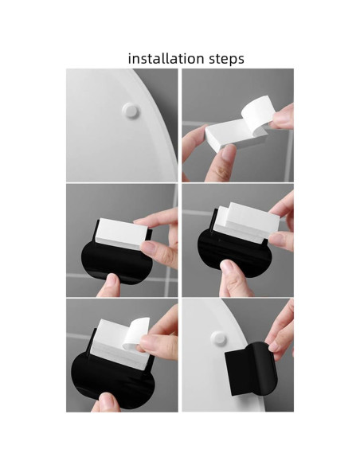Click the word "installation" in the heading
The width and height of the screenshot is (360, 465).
tap(166, 58)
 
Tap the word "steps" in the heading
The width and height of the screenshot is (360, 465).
tap(226, 59)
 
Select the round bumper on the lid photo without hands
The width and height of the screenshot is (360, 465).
tap(130, 111)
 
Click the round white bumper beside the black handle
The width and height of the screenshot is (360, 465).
tap(218, 338)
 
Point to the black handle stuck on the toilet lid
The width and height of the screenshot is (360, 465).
tap(252, 369)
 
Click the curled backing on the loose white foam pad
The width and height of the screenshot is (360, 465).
tap(256, 112)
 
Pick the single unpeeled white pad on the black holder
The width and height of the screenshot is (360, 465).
tap(121, 232)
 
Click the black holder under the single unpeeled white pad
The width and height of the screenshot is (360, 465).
tap(116, 261)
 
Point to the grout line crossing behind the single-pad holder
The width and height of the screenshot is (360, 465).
tap(167, 278)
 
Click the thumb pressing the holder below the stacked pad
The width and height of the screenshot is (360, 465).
tap(233, 277)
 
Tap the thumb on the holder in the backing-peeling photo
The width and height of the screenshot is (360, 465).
tap(106, 401)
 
